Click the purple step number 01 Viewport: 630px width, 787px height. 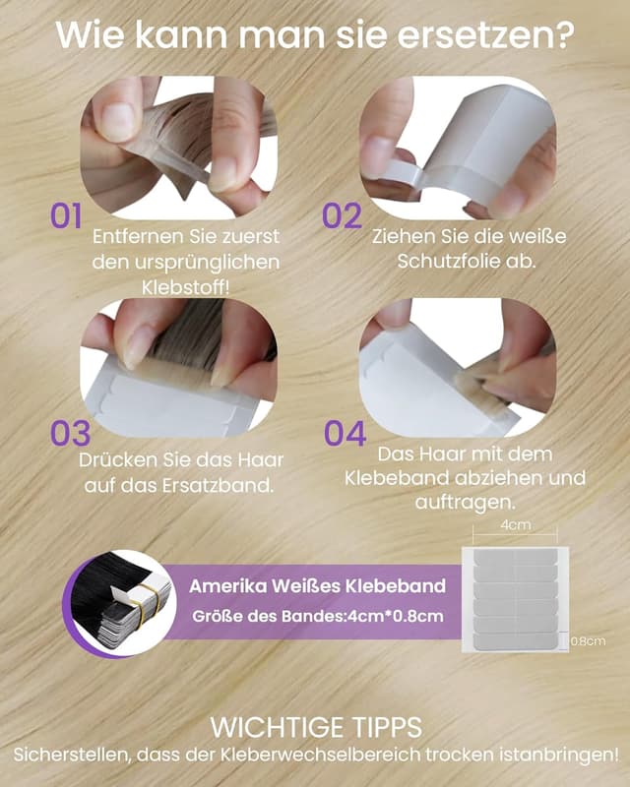click(66, 215)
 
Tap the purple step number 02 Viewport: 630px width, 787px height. click(342, 215)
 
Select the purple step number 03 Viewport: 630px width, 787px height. click(70, 434)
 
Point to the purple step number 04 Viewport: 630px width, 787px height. click(345, 434)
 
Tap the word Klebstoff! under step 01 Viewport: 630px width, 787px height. click(185, 288)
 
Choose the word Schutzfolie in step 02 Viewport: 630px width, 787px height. click(451, 261)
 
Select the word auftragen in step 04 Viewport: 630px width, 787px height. click(463, 503)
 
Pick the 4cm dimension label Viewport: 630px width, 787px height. click(516, 524)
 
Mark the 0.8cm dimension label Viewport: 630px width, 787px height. click(589, 641)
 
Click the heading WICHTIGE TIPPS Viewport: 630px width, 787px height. click(316, 727)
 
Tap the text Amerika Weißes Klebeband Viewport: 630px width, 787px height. click(318, 585)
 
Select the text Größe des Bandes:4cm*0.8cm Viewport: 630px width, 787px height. click(318, 616)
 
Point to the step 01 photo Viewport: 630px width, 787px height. click(179, 148)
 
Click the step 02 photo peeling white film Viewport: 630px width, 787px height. click(458, 148)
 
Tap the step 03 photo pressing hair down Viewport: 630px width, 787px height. click(179, 368)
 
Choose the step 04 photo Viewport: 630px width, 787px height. click(458, 368)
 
